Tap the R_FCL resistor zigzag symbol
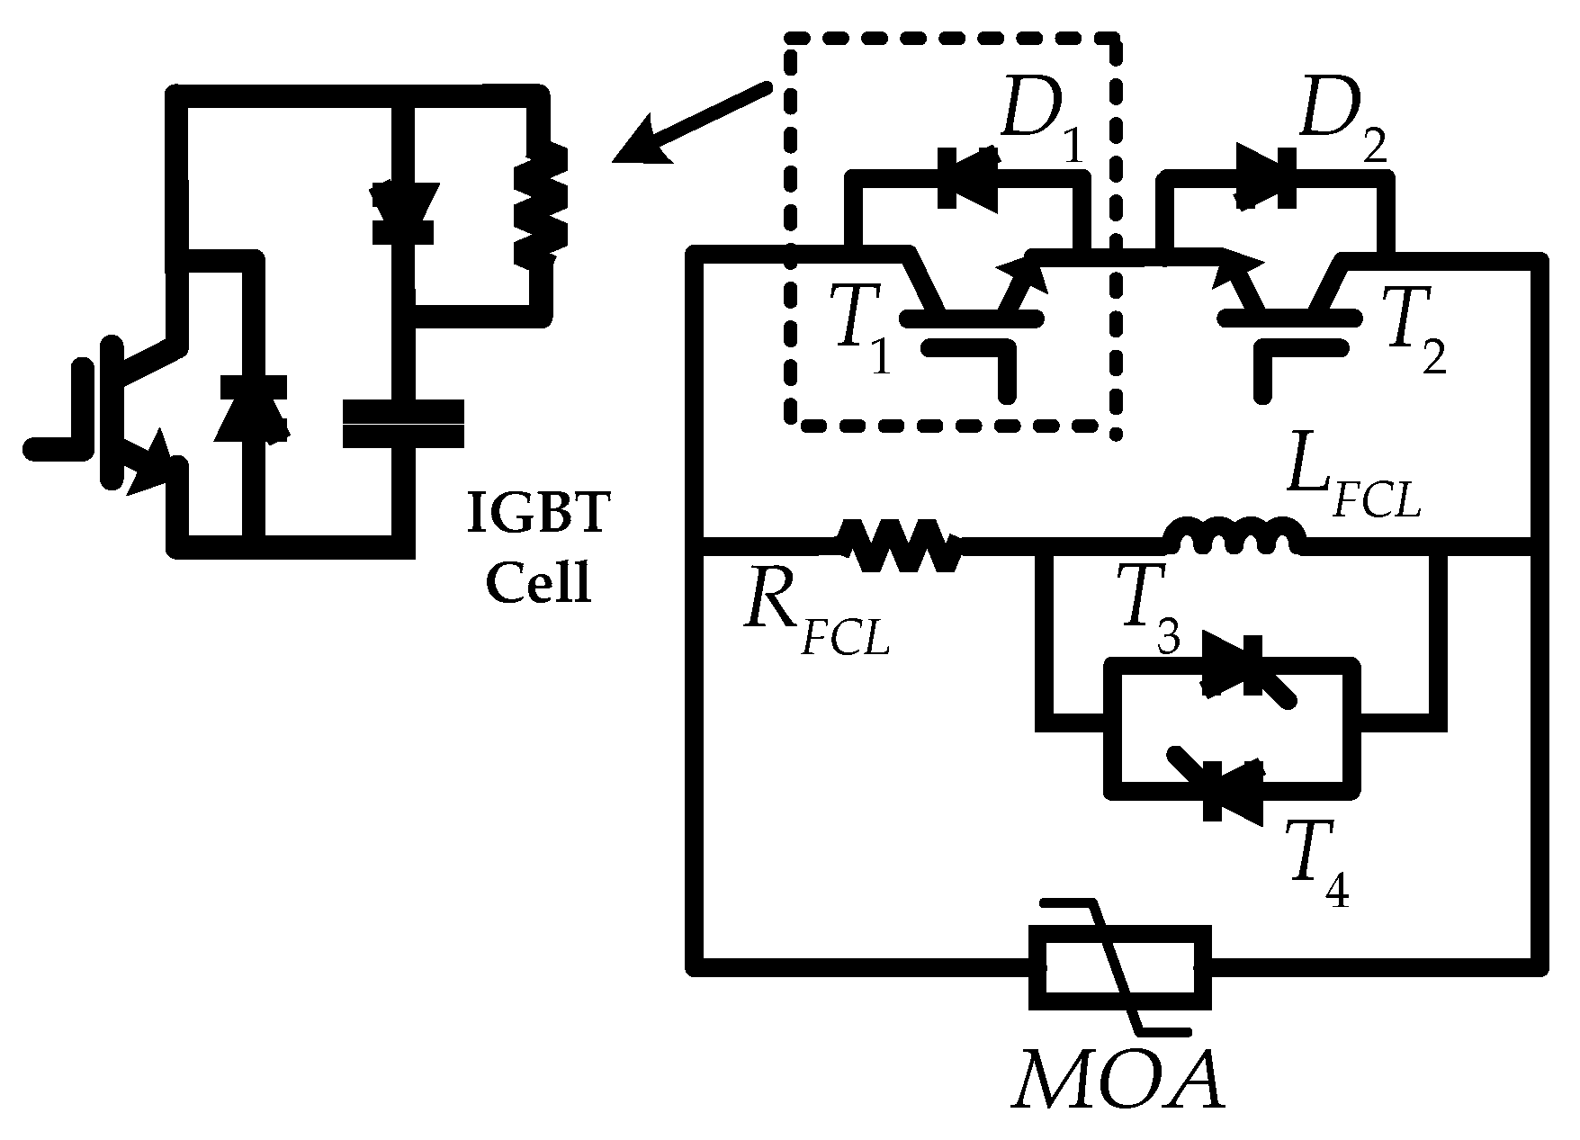899,544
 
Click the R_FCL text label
815,621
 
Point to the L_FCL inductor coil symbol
1234,538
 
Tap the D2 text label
1341,130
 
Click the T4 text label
1322,873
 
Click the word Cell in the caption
539,585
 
